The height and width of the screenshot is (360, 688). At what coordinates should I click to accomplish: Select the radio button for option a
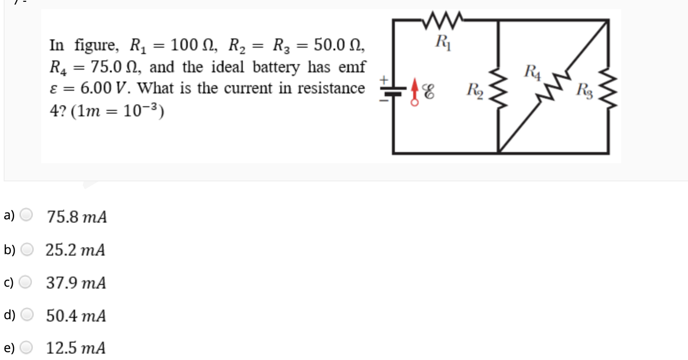[x=27, y=215]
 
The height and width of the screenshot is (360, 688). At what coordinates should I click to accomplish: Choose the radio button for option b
[x=27, y=250]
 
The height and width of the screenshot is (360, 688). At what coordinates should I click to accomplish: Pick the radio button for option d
[x=27, y=316]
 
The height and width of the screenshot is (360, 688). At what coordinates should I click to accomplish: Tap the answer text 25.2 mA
[x=76, y=250]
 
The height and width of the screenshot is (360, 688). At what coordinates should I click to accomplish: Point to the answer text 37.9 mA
[x=76, y=283]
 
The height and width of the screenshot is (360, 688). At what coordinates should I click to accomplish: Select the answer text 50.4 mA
[x=76, y=316]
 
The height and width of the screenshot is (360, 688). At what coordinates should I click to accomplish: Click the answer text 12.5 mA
[x=76, y=349]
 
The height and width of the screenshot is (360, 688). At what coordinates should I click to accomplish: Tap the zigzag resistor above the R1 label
[x=443, y=20]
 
